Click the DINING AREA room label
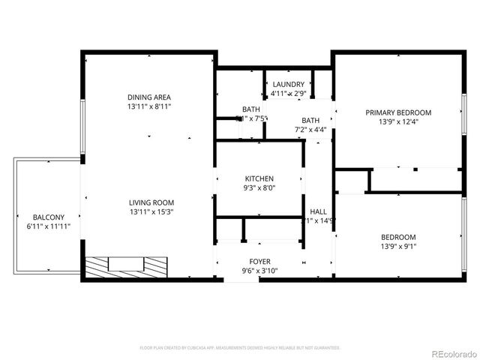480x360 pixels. click(x=149, y=97)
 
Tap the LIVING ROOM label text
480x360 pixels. click(x=151, y=202)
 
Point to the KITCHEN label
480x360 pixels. click(x=259, y=178)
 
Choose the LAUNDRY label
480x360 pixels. click(x=288, y=84)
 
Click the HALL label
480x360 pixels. click(x=318, y=211)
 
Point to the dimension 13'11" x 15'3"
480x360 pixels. click(x=151, y=212)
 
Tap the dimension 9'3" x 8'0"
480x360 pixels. click(x=259, y=188)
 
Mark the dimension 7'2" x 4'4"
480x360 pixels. click(x=310, y=130)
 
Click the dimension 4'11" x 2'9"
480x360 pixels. click(x=288, y=94)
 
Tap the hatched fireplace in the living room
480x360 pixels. click(x=125, y=265)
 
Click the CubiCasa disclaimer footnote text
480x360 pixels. click(x=240, y=348)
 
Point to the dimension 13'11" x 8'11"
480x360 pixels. click(x=149, y=106)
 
